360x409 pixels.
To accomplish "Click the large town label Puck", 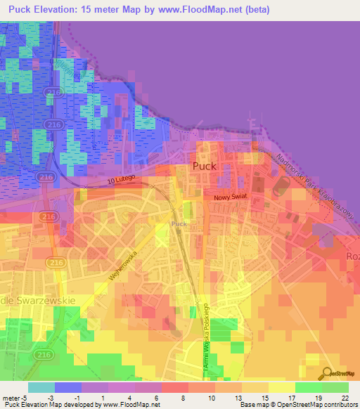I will (205, 167).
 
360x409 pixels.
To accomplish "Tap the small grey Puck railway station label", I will (179, 224).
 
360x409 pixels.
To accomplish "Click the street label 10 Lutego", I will (121, 181).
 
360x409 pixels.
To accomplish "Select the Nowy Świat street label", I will (228, 198).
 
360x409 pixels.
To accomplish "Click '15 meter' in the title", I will (108, 10).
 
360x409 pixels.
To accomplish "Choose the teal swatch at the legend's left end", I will (41, 387).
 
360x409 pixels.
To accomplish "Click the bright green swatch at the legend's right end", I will (335, 387).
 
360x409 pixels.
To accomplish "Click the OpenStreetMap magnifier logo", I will (326, 373).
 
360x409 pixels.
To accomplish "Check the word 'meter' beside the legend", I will (11, 398).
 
